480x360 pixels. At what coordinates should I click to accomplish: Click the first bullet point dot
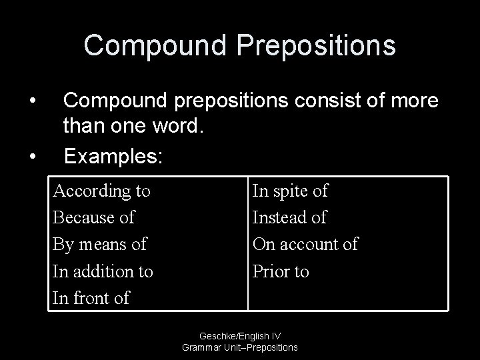(32, 101)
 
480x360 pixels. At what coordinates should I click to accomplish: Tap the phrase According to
(101, 191)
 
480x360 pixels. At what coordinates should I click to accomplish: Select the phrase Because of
(93, 218)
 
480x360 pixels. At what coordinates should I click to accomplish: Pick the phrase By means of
(99, 245)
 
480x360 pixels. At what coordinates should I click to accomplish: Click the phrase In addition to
(103, 271)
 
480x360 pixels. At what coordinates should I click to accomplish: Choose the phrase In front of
(91, 298)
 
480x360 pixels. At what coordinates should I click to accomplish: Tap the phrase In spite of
(290, 191)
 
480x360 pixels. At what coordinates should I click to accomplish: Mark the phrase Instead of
(289, 218)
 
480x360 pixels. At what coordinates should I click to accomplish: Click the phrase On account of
(305, 245)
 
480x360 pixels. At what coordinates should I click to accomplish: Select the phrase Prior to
(281, 271)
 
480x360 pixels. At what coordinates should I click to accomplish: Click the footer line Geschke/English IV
(239, 337)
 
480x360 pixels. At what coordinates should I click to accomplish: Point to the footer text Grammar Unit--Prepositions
(239, 347)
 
